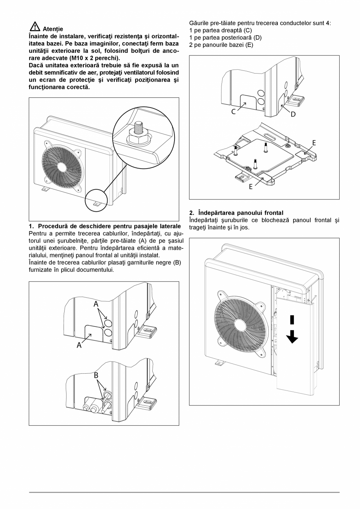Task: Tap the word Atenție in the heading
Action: (53, 29)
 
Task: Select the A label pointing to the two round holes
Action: (96, 304)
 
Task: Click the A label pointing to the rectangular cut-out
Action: (79, 345)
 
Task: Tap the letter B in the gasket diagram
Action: (96, 375)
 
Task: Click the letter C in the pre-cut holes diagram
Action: (233, 112)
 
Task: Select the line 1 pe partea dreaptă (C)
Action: (221, 31)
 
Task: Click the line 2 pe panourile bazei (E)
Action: (221, 45)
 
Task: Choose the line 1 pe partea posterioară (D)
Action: (225, 38)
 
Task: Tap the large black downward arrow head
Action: (292, 338)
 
